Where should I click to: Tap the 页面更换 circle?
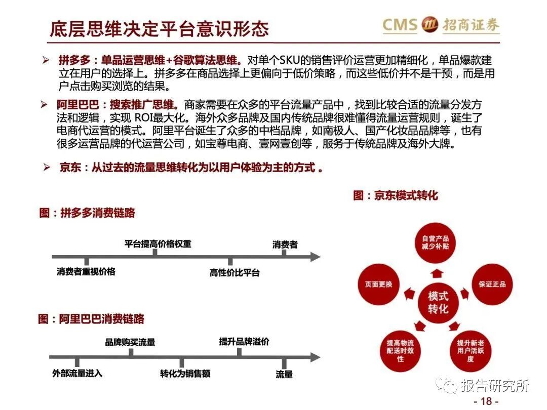pos(378,284)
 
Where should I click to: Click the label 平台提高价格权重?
pos(158,243)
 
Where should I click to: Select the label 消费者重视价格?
pos(86,271)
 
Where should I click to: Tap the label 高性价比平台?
pos(235,272)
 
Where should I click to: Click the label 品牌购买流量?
pos(130,342)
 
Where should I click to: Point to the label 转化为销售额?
pos(185,374)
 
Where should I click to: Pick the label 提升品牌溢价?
pos(244,342)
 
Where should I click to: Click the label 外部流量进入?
pos(77,373)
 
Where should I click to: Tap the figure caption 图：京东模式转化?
pos(395,195)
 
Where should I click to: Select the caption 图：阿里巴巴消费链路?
pos(91,318)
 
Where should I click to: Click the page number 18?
pos(486,401)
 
